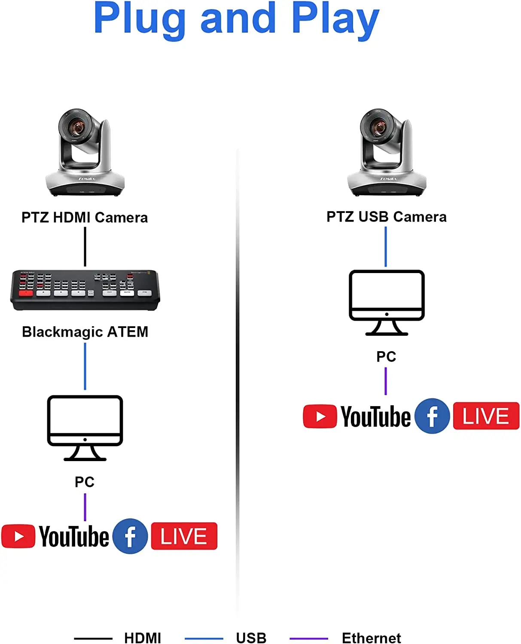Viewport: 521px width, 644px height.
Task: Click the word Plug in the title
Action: [x=139, y=19]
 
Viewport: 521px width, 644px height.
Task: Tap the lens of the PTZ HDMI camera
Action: [x=77, y=127]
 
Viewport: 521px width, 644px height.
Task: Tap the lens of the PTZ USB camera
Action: [x=379, y=127]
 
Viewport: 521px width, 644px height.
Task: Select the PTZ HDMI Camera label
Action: [x=85, y=218]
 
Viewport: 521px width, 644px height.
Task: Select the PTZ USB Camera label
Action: [x=386, y=217]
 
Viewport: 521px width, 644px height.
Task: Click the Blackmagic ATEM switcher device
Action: [x=85, y=290]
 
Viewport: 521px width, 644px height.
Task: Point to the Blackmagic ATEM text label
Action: [x=85, y=332]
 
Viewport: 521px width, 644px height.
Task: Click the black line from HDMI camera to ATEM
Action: [x=85, y=246]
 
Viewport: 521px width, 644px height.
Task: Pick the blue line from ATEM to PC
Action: [x=85, y=366]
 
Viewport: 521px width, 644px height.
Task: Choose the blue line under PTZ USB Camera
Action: [x=386, y=246]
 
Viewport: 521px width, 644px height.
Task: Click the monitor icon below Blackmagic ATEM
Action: [x=85, y=428]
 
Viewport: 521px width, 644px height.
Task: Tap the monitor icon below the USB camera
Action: [x=387, y=302]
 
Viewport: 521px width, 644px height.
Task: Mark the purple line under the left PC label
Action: [x=85, y=507]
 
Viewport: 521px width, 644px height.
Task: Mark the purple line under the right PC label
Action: [x=386, y=381]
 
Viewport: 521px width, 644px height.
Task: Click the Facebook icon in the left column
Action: [x=130, y=536]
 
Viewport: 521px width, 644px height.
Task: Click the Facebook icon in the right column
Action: [x=432, y=416]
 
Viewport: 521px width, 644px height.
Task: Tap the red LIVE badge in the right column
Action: [x=486, y=416]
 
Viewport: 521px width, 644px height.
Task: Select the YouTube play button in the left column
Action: [x=18, y=536]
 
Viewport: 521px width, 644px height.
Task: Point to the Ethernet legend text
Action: [x=371, y=638]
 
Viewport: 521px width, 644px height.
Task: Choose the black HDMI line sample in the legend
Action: [x=93, y=638]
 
